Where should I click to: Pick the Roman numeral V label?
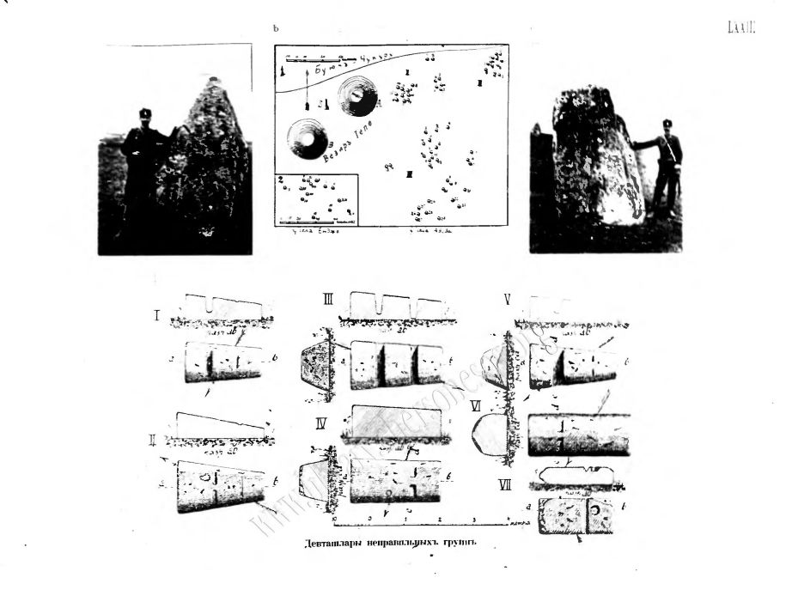click(x=508, y=301)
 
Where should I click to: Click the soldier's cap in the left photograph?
click(x=145, y=113)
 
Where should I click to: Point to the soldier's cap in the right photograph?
click(x=667, y=123)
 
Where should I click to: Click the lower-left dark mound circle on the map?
click(x=308, y=137)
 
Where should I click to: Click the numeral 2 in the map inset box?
click(x=278, y=179)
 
